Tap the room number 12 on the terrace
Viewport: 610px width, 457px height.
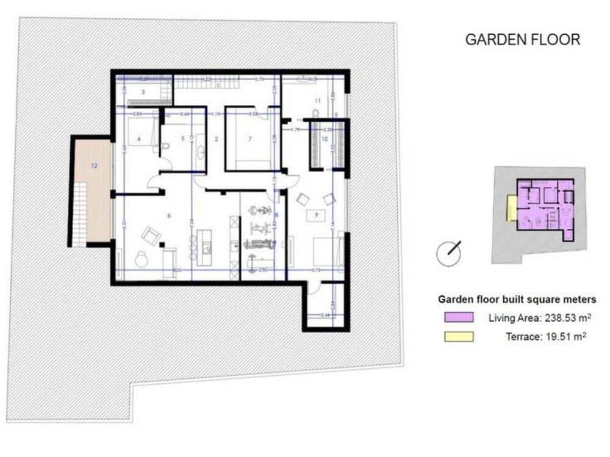pyautogui.click(x=94, y=165)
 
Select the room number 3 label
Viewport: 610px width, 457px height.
pyautogui.click(x=143, y=92)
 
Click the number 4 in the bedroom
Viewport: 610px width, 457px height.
pyautogui.click(x=138, y=139)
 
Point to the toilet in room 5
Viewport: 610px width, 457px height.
pyautogui.click(x=166, y=146)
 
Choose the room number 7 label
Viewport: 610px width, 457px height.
pyautogui.click(x=249, y=139)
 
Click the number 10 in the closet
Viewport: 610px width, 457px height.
pyautogui.click(x=325, y=139)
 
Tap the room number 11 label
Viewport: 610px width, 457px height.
pyautogui.click(x=318, y=99)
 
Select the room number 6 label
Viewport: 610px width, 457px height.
pyautogui.click(x=168, y=215)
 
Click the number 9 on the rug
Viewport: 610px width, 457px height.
pyautogui.click(x=316, y=215)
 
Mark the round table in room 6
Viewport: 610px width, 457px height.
pyautogui.click(x=142, y=260)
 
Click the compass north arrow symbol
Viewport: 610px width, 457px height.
pyautogui.click(x=450, y=253)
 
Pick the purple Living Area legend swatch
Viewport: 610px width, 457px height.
pyautogui.click(x=459, y=317)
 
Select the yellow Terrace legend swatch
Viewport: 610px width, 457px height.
pyautogui.click(x=459, y=336)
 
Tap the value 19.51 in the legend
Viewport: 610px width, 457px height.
pyautogui.click(x=559, y=336)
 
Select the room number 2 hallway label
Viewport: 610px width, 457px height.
pyautogui.click(x=216, y=139)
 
